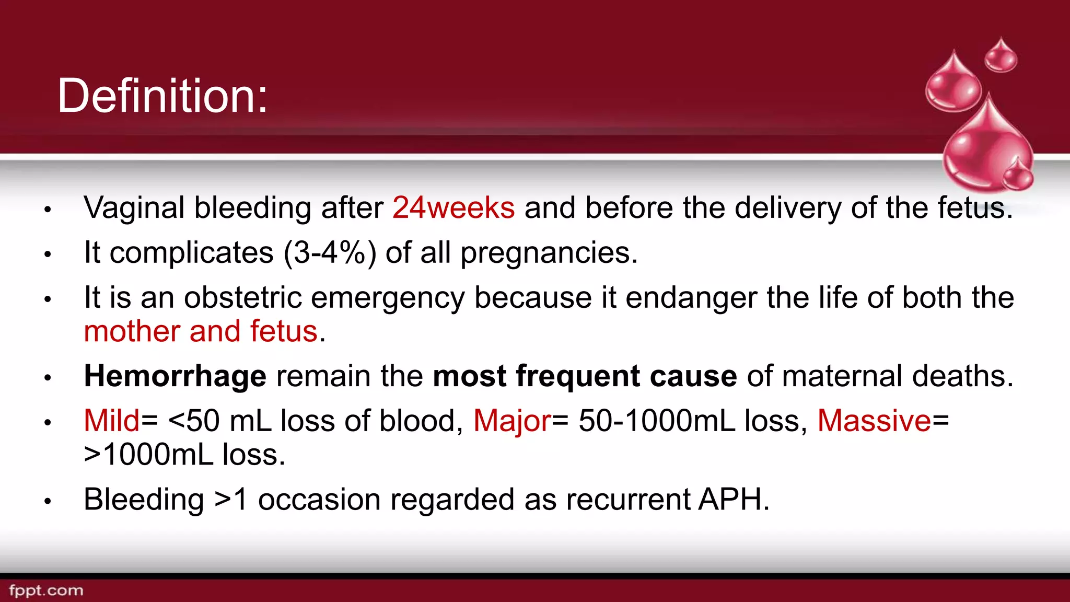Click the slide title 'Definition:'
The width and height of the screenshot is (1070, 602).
pyautogui.click(x=162, y=96)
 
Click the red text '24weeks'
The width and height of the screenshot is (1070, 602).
pyautogui.click(x=453, y=208)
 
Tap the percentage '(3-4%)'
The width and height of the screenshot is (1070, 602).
pyautogui.click(x=329, y=253)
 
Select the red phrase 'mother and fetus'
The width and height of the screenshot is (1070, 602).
pyautogui.click(x=201, y=332)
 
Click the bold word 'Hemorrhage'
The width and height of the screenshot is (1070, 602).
pyautogui.click(x=175, y=376)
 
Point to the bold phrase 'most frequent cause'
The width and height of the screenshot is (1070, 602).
pyautogui.click(x=585, y=376)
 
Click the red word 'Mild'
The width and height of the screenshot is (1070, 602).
pyautogui.click(x=112, y=421)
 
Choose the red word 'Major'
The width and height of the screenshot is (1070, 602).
pyautogui.click(x=512, y=421)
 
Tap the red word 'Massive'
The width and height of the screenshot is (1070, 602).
pyautogui.click(x=874, y=421)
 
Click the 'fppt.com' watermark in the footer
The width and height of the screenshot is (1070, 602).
pyautogui.click(x=46, y=591)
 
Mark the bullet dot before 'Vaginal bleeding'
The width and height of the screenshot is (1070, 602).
pyautogui.click(x=48, y=210)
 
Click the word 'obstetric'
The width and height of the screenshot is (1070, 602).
pyautogui.click(x=242, y=298)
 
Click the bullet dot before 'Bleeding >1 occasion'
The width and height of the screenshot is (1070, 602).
pyautogui.click(x=48, y=502)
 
